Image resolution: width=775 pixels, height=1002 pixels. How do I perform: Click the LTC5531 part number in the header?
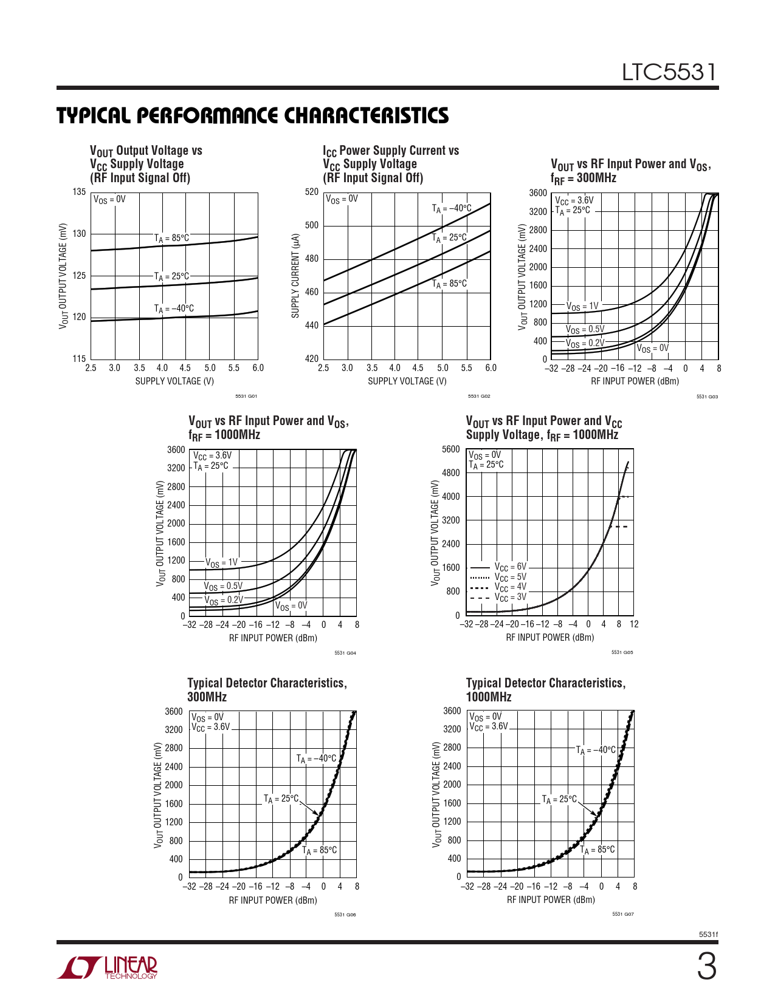[669, 73]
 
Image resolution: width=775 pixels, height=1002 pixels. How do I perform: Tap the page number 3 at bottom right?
[706, 967]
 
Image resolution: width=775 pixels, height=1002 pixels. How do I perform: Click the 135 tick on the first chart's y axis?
[79, 192]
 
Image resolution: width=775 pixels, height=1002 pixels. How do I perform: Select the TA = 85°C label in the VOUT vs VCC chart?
[171, 238]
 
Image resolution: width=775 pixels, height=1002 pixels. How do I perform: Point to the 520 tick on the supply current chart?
[312, 192]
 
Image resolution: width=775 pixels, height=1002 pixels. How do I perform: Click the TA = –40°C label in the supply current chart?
[452, 209]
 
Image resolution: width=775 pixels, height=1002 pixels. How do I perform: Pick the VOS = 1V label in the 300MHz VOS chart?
[582, 307]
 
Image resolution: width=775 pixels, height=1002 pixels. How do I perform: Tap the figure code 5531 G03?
[707, 397]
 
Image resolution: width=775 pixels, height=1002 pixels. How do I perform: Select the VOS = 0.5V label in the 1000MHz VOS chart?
[223, 587]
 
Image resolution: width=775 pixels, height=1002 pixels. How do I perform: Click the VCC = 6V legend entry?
[511, 567]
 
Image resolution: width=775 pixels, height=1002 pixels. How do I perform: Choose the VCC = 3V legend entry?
[511, 598]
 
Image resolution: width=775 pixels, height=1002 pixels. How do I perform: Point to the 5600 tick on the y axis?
[451, 449]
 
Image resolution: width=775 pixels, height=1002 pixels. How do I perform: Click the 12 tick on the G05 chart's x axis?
[634, 624]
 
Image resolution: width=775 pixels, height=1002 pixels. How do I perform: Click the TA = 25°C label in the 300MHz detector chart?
[281, 799]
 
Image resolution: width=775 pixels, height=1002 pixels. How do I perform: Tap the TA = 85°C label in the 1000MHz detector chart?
[598, 850]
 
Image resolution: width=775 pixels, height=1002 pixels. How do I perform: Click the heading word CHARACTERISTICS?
[367, 116]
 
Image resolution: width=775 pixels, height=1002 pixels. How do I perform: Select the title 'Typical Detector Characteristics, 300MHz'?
[267, 690]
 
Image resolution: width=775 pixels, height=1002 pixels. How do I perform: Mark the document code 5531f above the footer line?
[709, 935]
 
